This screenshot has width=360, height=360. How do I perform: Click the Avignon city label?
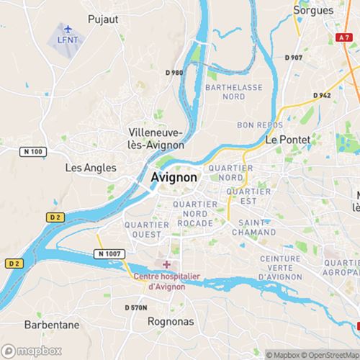click(176, 178)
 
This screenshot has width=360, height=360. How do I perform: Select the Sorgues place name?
click(313, 11)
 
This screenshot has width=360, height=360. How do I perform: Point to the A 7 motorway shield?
click(344, 36)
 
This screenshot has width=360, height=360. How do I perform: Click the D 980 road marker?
click(175, 72)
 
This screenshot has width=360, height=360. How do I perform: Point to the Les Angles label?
click(91, 167)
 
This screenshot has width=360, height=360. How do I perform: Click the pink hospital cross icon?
click(167, 264)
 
